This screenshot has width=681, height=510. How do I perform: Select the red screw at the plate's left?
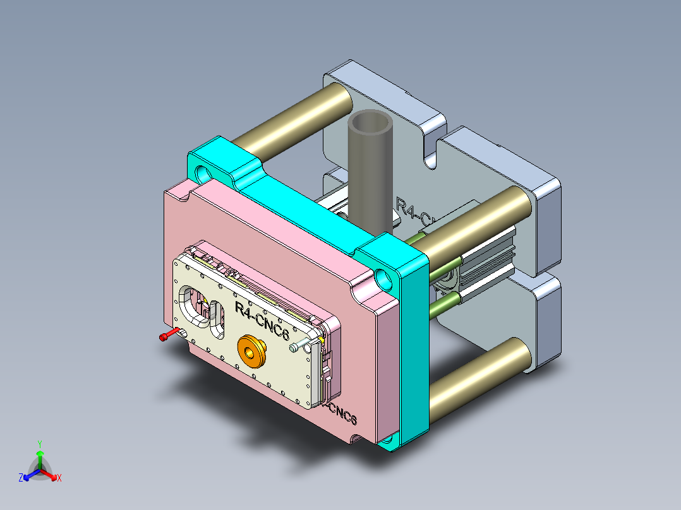(166, 337)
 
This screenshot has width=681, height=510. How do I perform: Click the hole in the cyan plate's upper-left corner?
(204, 172)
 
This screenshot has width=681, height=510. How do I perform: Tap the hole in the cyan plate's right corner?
(383, 276)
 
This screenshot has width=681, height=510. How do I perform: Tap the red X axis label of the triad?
(59, 478)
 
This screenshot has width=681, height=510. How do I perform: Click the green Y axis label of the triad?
(39, 444)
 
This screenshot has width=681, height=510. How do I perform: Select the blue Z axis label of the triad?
(21, 478)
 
